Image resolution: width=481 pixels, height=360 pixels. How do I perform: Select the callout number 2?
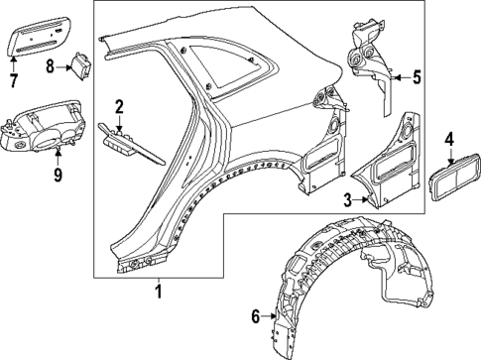[x=119, y=107]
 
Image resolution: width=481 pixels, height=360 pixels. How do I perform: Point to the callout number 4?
[x=449, y=140]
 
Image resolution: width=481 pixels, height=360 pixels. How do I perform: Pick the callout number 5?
[x=418, y=75]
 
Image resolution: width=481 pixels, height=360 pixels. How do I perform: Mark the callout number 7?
[x=14, y=79]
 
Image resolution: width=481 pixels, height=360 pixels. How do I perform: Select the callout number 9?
[x=58, y=176]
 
